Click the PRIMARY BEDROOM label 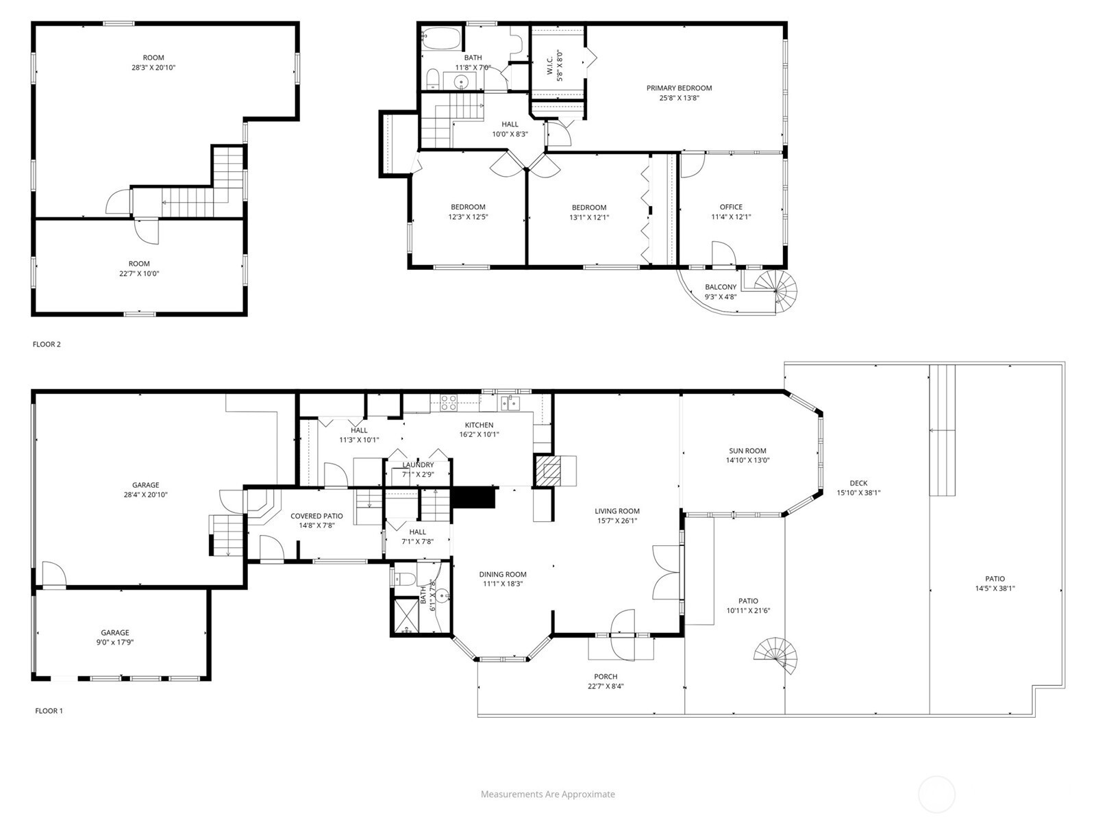pyautogui.click(x=679, y=88)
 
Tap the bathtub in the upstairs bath pyautogui.click(x=441, y=38)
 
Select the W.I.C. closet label pyautogui.click(x=550, y=65)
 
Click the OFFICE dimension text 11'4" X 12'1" pyautogui.click(x=731, y=217)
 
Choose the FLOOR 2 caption pyautogui.click(x=47, y=345)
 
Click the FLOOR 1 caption pyautogui.click(x=49, y=711)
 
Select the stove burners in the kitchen pyautogui.click(x=449, y=403)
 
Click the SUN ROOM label pyautogui.click(x=747, y=451)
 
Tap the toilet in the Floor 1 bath pyautogui.click(x=405, y=580)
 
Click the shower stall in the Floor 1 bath pyautogui.click(x=406, y=615)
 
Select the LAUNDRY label pyautogui.click(x=418, y=465)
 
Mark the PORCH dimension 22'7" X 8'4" pyautogui.click(x=606, y=686)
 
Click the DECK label pyautogui.click(x=858, y=483)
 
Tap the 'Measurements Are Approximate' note pyautogui.click(x=548, y=795)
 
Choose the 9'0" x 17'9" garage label pyautogui.click(x=115, y=643)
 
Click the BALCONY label pyautogui.click(x=721, y=288)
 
